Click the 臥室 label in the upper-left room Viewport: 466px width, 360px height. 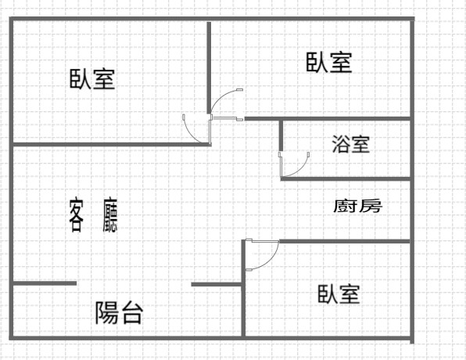point(92,79)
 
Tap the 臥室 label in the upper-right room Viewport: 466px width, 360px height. point(329,62)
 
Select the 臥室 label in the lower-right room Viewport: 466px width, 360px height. point(339,294)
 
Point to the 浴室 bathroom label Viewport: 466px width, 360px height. point(351,144)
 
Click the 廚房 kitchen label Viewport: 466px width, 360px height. point(357,206)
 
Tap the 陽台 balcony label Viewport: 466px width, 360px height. point(119,312)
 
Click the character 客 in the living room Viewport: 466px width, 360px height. point(77,216)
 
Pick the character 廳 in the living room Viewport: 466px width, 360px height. point(110,214)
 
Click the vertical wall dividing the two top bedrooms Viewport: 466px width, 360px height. point(209,67)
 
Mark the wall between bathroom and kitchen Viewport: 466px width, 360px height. point(346,178)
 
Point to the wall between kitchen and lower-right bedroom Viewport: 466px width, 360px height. point(345,241)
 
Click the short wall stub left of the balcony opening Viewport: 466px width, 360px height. point(45,283)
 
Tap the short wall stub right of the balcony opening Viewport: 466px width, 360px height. point(217,284)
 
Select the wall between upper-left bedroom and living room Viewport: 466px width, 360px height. point(112,145)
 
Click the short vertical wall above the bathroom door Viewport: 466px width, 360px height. point(281,135)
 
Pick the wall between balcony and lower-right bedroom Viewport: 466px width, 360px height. point(243,289)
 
